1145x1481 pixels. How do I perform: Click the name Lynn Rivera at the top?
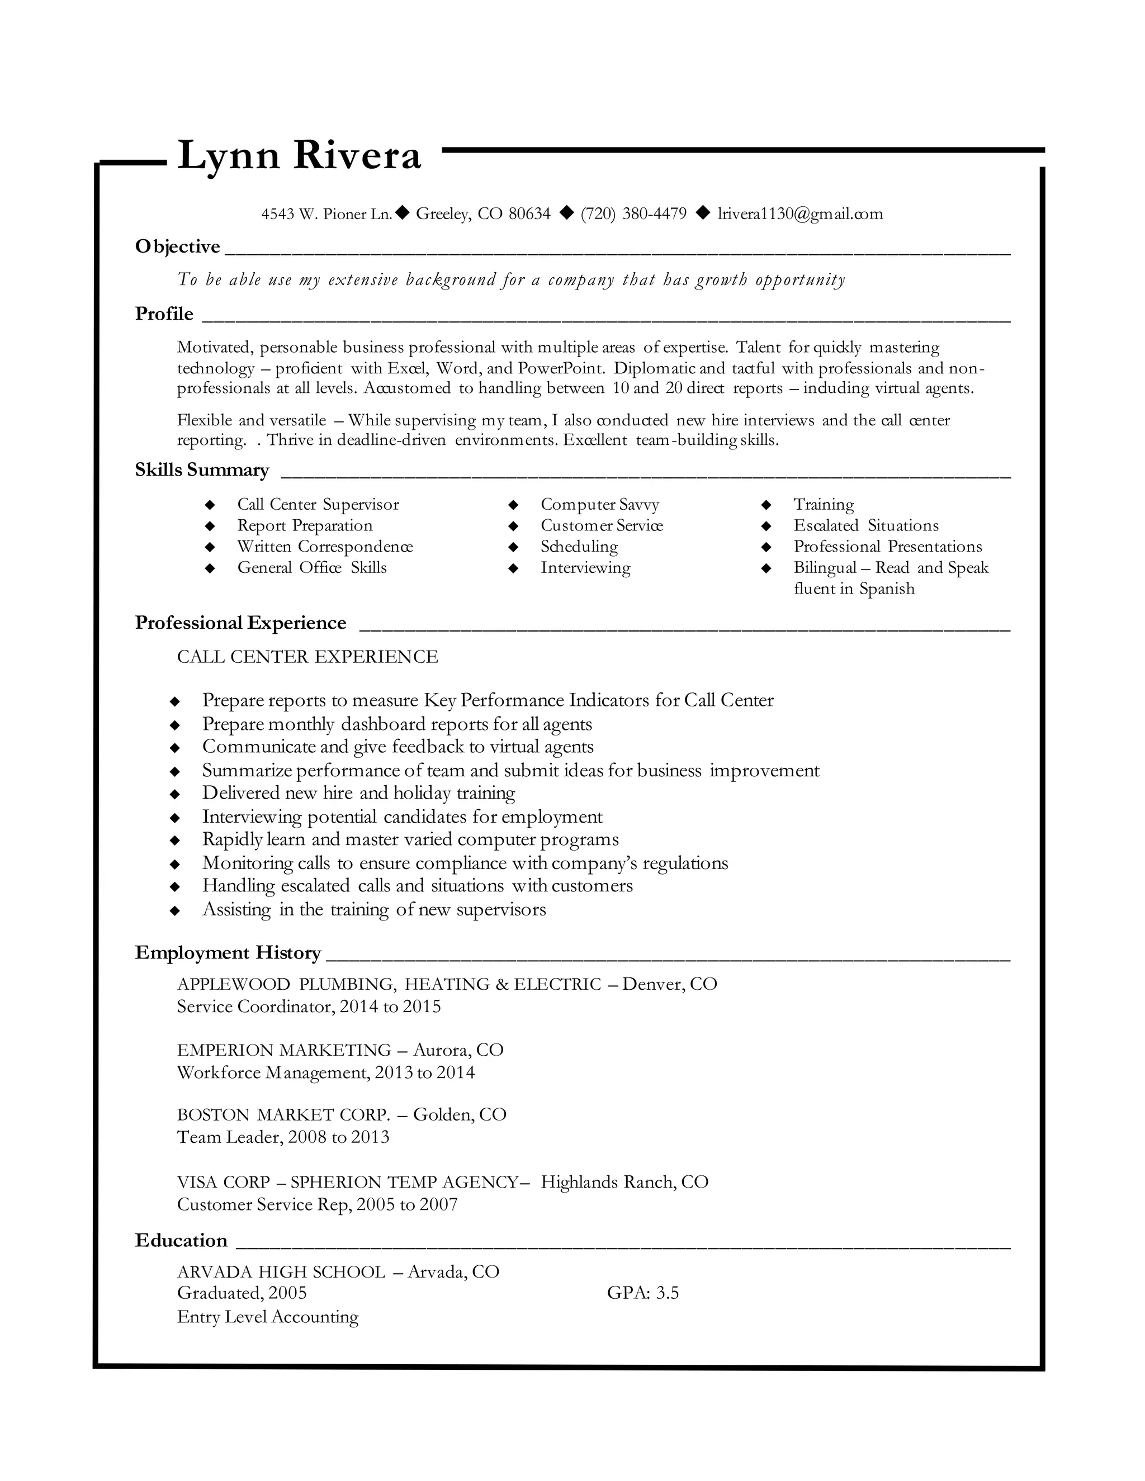coord(299,156)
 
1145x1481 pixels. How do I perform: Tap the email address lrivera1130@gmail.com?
coord(801,214)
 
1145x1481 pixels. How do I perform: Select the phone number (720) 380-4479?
coord(633,214)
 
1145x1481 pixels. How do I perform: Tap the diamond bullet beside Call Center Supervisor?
coord(210,505)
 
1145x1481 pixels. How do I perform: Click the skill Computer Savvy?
coord(600,505)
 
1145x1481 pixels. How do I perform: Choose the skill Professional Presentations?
coord(887,547)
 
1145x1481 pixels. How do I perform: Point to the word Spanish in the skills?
coord(887,588)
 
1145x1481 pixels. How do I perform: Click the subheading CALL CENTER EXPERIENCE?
coord(307,657)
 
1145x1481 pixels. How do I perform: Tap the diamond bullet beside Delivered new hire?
coord(175,794)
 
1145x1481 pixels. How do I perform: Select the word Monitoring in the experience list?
coord(248,863)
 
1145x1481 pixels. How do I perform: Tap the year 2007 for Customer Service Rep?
coord(438,1204)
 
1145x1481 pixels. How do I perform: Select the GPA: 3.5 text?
coord(642,1293)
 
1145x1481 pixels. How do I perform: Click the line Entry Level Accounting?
coord(267,1317)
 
